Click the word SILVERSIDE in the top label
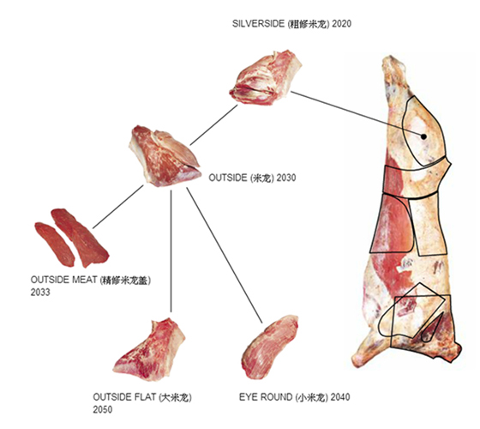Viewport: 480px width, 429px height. coord(258,24)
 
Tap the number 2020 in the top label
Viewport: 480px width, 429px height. coord(341,24)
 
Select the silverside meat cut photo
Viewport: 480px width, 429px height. coord(266,78)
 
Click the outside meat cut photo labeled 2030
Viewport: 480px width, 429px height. coord(165,156)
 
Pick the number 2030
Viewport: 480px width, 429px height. coord(286,178)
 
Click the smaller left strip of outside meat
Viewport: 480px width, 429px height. coord(55,245)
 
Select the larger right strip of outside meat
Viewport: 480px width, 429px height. coord(80,237)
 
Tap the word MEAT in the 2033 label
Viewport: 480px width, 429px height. coord(84,280)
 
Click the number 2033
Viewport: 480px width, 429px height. coord(40,293)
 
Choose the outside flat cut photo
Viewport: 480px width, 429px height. coord(149,349)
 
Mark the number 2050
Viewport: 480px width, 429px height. coord(103,410)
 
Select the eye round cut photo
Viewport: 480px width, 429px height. coord(270,347)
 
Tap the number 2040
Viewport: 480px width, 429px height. coord(340,397)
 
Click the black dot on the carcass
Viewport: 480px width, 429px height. coord(423,136)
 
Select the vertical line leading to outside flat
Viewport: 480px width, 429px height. coord(171,251)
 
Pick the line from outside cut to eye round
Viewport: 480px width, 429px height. coord(225,256)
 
